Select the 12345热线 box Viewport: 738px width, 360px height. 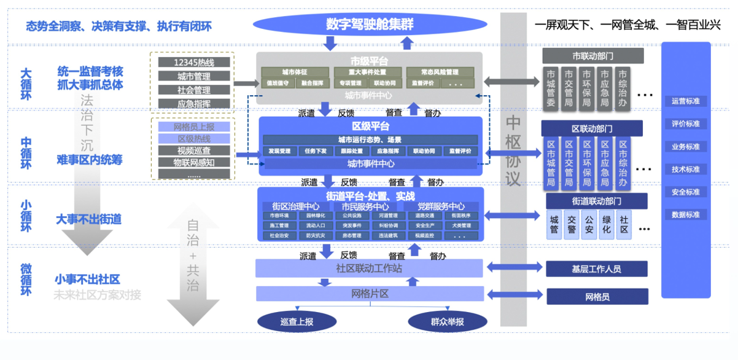(194, 63)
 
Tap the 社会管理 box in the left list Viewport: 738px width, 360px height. (194, 90)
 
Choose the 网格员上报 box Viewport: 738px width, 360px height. (194, 127)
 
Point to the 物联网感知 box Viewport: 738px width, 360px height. (194, 163)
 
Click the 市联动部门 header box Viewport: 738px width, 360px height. (592, 56)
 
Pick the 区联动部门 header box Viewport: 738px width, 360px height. (592, 129)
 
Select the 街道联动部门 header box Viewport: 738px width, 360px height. (596, 202)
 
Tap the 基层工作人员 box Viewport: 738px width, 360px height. (596, 268)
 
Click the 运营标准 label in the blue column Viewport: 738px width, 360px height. (686, 101)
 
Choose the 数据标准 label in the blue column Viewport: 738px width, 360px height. (686, 215)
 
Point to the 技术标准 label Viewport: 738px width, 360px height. (686, 170)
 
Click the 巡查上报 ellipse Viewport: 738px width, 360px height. (297, 321)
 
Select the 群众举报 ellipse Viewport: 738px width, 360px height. (448, 321)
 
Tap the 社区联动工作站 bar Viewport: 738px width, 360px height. (370, 268)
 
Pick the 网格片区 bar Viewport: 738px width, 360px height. (370, 294)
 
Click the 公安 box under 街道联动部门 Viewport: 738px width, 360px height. (589, 225)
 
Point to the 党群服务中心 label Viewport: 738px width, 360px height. (441, 206)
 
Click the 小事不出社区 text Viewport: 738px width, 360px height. (87, 280)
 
